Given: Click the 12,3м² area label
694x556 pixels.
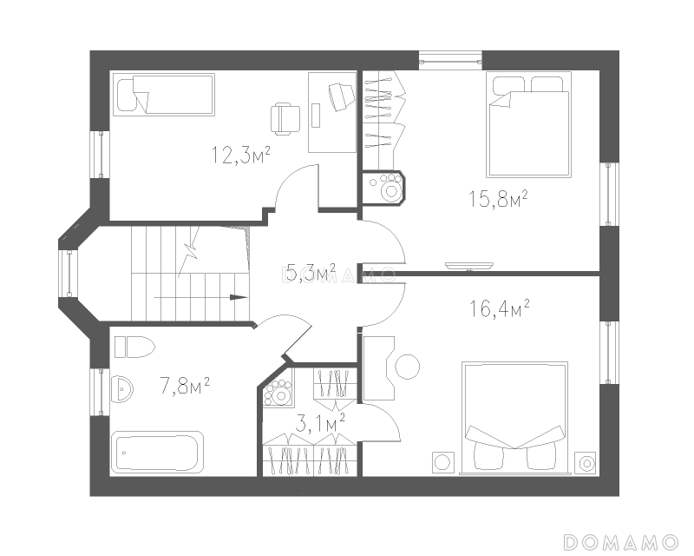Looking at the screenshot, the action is (x=241, y=155).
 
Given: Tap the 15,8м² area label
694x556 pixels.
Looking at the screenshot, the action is (x=498, y=198).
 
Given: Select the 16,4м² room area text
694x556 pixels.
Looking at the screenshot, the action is (x=500, y=308).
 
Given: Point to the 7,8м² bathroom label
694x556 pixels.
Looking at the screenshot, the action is (x=185, y=386).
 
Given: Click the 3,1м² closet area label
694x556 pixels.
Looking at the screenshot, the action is (x=319, y=423).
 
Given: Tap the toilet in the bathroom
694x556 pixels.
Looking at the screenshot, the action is (x=134, y=347).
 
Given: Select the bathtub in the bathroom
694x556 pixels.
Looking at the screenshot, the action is (x=157, y=453).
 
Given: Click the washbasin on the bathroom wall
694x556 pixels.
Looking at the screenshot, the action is (x=121, y=389).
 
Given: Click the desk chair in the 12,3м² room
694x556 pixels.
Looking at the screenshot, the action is (x=285, y=118).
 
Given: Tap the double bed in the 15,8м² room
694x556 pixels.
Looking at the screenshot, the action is (x=528, y=124).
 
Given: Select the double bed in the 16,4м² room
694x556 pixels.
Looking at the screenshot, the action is (x=514, y=418).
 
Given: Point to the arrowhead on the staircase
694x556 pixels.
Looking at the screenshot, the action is (x=239, y=297).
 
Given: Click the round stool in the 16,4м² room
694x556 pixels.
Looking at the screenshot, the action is (x=407, y=367).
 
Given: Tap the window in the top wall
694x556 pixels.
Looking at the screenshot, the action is (x=450, y=60).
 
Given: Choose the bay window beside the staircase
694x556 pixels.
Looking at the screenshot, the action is (x=69, y=273).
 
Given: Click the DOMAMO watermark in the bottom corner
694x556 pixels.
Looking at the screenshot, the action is (x=620, y=542).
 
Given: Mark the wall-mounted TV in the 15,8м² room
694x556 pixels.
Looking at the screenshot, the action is (x=469, y=266).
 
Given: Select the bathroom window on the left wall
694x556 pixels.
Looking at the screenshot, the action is (x=101, y=392).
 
